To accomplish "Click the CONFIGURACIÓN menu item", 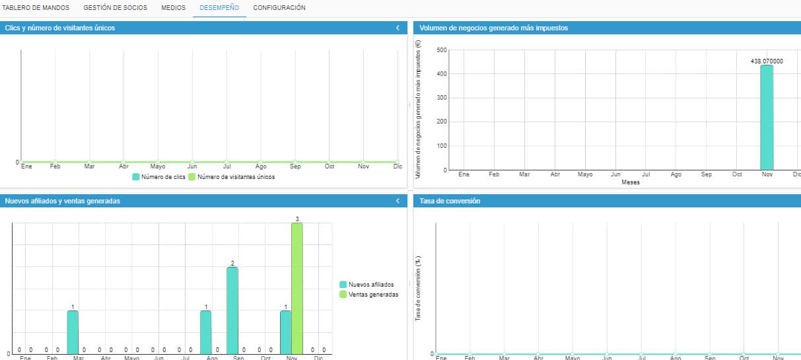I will click(x=279, y=8).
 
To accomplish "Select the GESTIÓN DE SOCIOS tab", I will click(x=115, y=8).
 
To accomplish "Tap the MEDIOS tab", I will click(x=173, y=8).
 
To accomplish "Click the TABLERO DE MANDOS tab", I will click(x=36, y=8).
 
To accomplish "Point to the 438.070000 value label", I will click(x=767, y=61).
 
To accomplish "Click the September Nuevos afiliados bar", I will click(x=232, y=310).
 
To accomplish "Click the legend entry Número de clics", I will click(x=159, y=177).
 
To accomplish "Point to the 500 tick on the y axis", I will click(x=442, y=50).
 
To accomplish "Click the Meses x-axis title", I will click(x=631, y=182).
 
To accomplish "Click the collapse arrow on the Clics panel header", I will click(x=398, y=28).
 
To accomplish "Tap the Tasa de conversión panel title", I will click(x=450, y=201).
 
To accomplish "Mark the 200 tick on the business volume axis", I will click(x=442, y=122).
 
